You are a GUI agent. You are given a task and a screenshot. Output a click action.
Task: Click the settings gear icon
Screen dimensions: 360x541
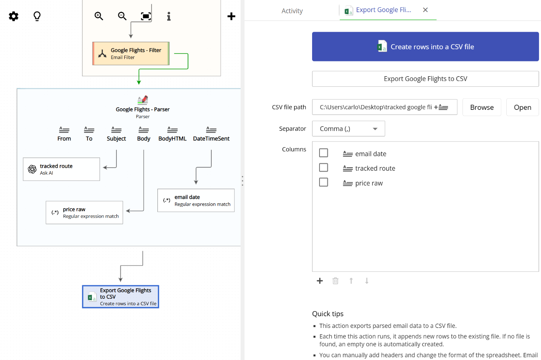tap(14, 16)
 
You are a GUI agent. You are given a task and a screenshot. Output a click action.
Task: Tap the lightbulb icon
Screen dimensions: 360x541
tap(37, 16)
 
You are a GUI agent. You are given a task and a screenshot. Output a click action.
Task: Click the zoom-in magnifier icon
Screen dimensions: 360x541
tap(99, 16)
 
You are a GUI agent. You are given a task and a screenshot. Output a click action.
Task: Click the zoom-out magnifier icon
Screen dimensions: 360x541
tap(122, 16)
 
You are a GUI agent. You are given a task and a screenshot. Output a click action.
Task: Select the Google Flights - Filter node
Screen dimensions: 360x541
tap(131, 54)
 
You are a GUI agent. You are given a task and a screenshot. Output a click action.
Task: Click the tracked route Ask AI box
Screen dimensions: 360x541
tap(61, 169)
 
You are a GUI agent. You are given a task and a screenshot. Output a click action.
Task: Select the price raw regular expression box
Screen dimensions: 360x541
tap(84, 213)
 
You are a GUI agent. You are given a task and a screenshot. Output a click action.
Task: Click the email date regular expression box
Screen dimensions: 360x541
tap(196, 201)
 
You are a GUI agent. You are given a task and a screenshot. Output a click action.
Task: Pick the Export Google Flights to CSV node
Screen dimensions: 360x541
tap(121, 297)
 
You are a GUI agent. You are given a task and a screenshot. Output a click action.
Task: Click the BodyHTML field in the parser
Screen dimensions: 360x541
tap(172, 134)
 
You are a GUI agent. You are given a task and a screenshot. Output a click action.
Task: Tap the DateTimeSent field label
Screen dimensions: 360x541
tap(211, 138)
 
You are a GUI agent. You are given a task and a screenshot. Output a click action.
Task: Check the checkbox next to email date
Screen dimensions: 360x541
tap(323, 153)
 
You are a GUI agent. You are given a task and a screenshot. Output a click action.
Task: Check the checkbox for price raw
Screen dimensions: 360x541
tap(323, 182)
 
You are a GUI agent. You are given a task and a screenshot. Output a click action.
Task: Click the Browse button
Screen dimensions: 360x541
tap(482, 107)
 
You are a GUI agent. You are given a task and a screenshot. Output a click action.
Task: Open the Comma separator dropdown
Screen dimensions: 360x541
tap(348, 129)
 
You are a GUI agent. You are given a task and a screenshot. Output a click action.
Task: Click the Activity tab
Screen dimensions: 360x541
tap(292, 11)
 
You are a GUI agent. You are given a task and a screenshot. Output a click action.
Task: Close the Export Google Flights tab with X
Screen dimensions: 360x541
tap(425, 10)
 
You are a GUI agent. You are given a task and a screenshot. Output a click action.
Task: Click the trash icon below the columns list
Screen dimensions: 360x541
tap(335, 281)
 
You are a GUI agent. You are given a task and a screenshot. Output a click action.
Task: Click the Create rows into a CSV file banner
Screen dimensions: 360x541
tap(425, 47)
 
